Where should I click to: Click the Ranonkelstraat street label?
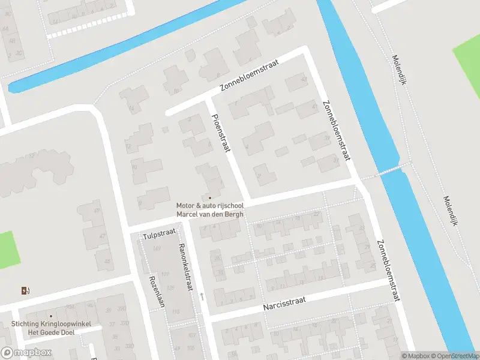pyautogui.click(x=187, y=267)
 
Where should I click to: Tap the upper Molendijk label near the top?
pyautogui.click(x=400, y=69)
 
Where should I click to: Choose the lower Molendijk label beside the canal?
pyautogui.click(x=450, y=210)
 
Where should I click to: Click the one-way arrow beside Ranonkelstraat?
pyautogui.click(x=202, y=296)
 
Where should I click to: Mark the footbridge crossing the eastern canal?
pyautogui.click(x=390, y=171)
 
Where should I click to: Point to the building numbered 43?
pyautogui.click(x=303, y=80)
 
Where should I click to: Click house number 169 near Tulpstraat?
pyautogui.click(x=157, y=248)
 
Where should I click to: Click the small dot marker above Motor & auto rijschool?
pyautogui.click(x=209, y=197)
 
